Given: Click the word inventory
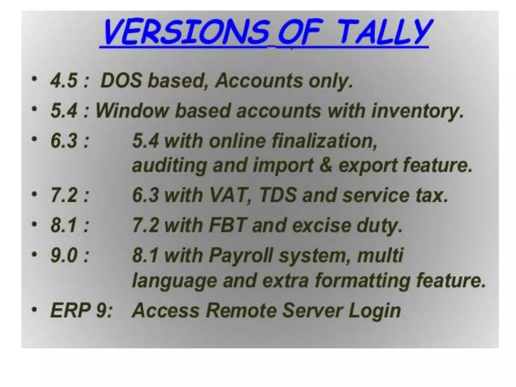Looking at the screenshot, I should [x=417, y=111].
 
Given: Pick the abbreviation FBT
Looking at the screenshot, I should [x=227, y=225].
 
